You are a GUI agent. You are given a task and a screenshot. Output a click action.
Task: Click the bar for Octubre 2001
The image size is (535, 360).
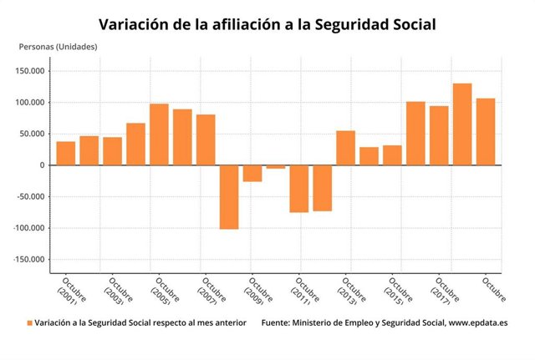(x=66, y=154)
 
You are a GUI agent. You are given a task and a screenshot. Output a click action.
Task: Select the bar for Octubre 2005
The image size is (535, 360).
(x=159, y=134)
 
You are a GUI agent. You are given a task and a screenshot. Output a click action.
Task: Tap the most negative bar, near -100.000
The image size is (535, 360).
(x=229, y=197)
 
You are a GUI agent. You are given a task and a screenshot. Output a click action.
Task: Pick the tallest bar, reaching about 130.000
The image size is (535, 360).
(x=462, y=124)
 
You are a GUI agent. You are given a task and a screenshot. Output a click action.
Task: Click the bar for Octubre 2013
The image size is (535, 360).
(x=345, y=148)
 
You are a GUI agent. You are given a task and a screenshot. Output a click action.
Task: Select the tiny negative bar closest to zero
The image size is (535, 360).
(x=276, y=167)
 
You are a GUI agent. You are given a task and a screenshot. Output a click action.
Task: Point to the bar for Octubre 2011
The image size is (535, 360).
(x=298, y=189)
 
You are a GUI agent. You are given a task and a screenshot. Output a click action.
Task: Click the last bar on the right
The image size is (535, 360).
(x=486, y=132)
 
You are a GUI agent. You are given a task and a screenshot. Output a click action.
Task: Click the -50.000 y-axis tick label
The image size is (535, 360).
(x=30, y=197)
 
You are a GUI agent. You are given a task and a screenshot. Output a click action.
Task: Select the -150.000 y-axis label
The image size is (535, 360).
(x=28, y=260)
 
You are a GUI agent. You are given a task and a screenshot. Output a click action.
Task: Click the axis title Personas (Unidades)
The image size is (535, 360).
(x=59, y=46)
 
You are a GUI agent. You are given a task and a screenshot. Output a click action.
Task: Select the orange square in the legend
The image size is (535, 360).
(x=28, y=322)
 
